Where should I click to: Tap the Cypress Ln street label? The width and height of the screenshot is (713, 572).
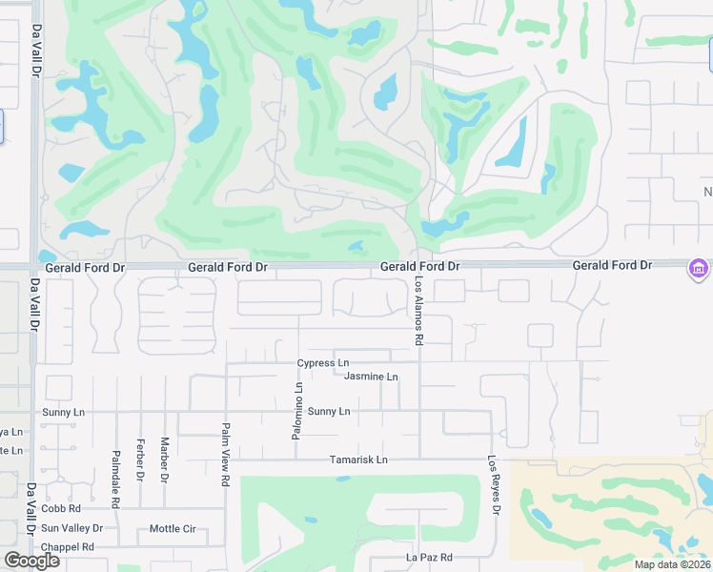pos(323,363)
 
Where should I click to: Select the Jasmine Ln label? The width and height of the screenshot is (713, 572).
pos(371,378)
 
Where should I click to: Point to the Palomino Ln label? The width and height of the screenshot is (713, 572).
pos(297,411)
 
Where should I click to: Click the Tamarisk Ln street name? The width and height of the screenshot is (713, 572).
pos(359,460)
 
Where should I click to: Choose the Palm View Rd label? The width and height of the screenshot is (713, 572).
pos(226,455)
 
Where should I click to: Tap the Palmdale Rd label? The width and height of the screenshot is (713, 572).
pos(115,465)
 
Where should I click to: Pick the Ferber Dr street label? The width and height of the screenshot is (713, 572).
pos(140,459)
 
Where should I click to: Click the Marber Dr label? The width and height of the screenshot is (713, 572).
pos(164,459)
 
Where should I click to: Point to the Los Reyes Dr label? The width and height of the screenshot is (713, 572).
pos(494,484)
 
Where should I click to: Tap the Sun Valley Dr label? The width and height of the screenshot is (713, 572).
pos(71,528)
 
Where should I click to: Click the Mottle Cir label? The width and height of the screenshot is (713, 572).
pos(173,529)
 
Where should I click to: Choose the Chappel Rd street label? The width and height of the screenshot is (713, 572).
pos(67,547)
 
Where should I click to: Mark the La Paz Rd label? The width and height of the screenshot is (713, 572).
pos(429,557)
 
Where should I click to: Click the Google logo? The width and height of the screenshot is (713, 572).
pos(31,561)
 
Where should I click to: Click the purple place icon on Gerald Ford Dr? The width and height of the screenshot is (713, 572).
pos(699,270)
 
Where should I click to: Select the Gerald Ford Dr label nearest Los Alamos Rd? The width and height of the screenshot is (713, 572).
pos(420,268)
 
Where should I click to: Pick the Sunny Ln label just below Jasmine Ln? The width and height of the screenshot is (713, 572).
pos(329,412)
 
